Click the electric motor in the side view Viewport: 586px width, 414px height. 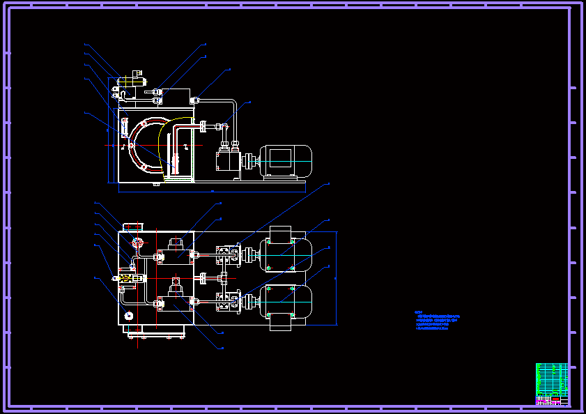click(x=286, y=159)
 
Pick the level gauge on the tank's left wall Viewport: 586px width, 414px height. click(x=123, y=128)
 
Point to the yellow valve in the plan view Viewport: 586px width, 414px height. click(x=128, y=277)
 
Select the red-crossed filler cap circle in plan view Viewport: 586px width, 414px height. click(x=136, y=243)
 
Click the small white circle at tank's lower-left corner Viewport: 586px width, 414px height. click(x=129, y=316)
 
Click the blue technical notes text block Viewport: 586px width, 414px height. click(x=438, y=321)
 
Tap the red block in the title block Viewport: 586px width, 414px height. click(x=542, y=399)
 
